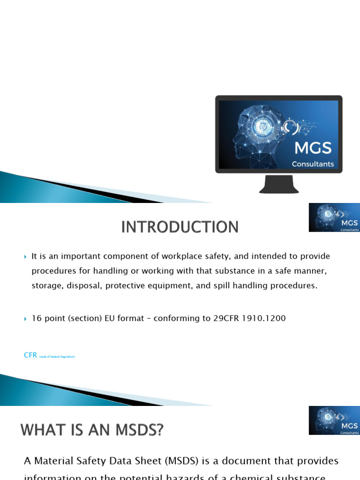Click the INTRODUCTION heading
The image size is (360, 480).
(180, 227)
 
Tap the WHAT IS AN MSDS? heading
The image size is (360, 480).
(93, 430)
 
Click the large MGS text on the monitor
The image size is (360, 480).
(313, 148)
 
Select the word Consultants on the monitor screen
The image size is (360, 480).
(313, 164)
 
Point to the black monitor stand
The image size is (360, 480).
(279, 184)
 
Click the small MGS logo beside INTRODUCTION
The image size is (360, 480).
(334, 217)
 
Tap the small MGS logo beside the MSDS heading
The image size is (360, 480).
(334, 420)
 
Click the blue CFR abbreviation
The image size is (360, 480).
(30, 355)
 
